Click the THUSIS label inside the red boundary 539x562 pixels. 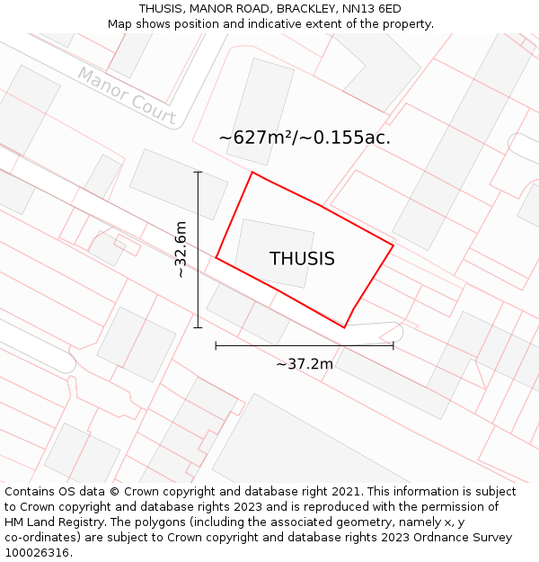click(x=302, y=259)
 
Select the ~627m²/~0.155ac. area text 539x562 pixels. click(x=305, y=138)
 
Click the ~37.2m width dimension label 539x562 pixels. click(x=304, y=364)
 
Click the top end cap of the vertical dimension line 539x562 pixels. click(x=198, y=172)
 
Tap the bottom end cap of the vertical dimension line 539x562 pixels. click(x=198, y=327)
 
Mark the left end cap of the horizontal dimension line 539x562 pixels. click(x=216, y=345)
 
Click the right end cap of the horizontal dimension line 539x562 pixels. click(x=393, y=345)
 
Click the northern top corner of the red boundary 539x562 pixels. click(x=252, y=173)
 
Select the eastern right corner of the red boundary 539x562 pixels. click(x=393, y=245)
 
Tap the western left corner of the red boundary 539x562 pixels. click(x=216, y=258)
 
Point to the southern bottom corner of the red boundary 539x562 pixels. click(x=345, y=327)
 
